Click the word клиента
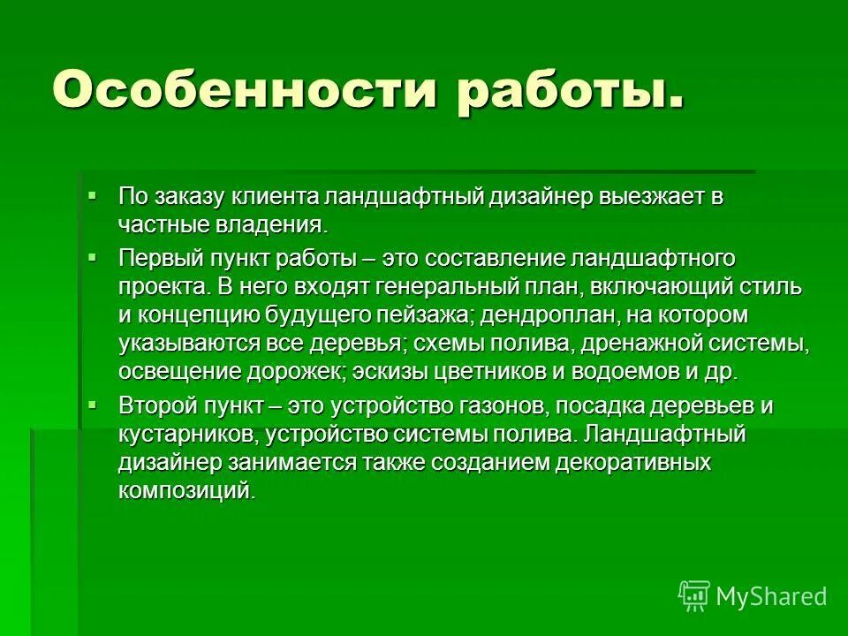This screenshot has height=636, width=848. pyautogui.click(x=276, y=196)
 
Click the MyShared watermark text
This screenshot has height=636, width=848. pyautogui.click(x=770, y=597)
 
